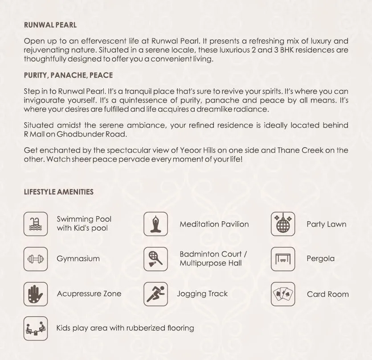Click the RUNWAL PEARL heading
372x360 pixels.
(50, 25)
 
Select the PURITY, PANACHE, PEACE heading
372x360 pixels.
(68, 75)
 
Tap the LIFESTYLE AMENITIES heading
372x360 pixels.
(59, 192)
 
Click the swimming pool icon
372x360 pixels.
(35, 223)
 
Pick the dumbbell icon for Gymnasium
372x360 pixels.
(35, 259)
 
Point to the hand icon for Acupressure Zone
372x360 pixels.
(35, 294)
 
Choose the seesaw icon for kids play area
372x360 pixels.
(35, 328)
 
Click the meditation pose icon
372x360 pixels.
(156, 223)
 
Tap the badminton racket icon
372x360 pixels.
(156, 259)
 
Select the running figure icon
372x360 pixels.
(156, 294)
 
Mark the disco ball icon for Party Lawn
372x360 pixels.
(283, 223)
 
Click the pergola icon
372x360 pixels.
(283, 259)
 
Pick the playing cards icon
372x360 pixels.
(283, 294)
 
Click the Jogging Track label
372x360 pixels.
(202, 294)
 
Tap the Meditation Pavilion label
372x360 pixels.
(214, 224)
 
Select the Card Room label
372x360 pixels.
(327, 294)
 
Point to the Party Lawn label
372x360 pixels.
(326, 224)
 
